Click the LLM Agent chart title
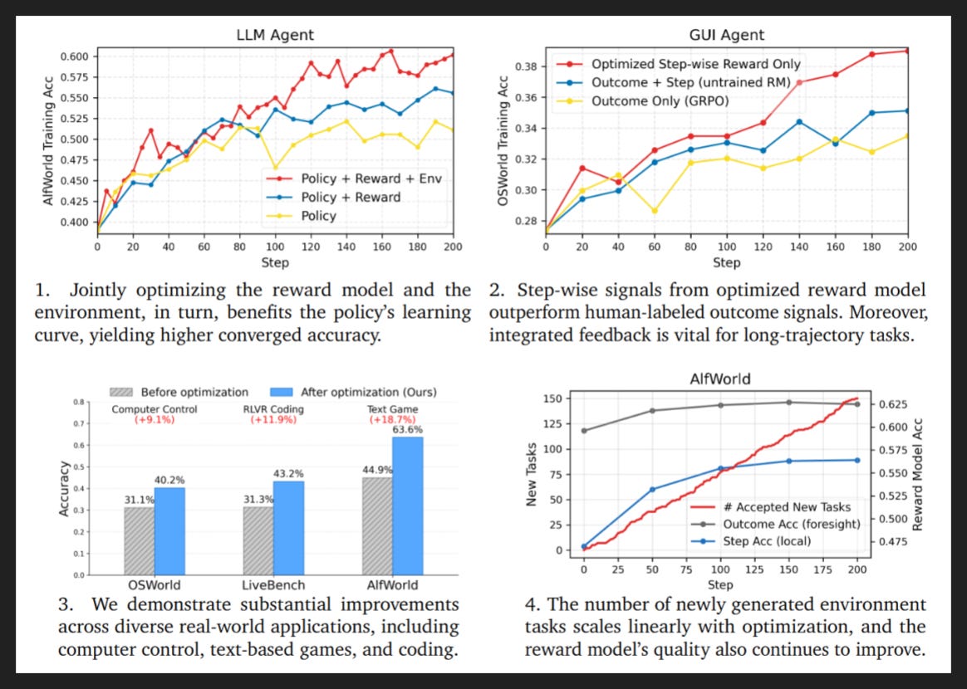pos(275,35)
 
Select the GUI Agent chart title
pos(726,35)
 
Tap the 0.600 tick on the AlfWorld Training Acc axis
pos(75,56)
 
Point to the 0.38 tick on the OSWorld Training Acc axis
pos(528,66)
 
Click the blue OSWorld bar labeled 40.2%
pos(169,531)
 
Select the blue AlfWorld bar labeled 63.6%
pos(408,506)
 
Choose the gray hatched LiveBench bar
pos(258,541)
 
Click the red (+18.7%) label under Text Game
pos(393,420)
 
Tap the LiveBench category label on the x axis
pos(273,585)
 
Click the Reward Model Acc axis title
pos(918,475)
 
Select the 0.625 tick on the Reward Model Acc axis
pos(891,404)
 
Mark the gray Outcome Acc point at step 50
pos(652,410)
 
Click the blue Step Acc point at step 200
pos(857,461)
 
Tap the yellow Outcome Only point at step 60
pos(655,211)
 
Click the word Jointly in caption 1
pos(96,291)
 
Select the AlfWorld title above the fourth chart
pos(719,379)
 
